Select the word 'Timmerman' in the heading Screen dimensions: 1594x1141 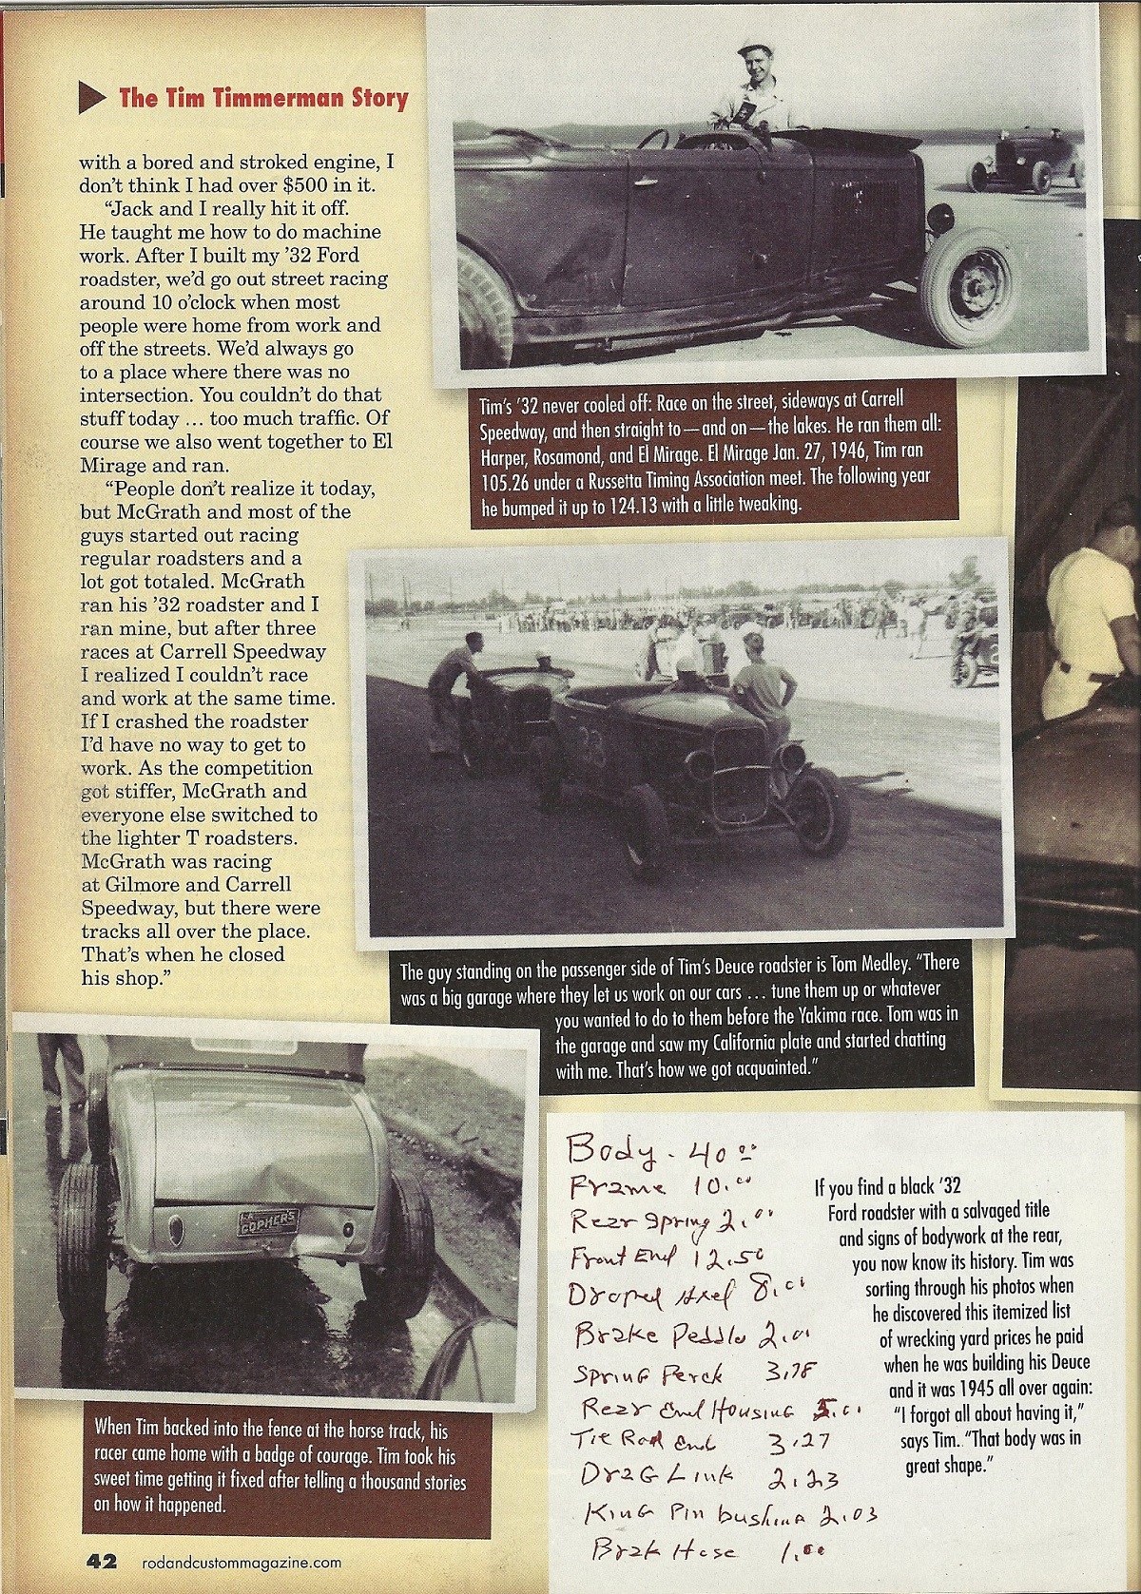click(x=274, y=97)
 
